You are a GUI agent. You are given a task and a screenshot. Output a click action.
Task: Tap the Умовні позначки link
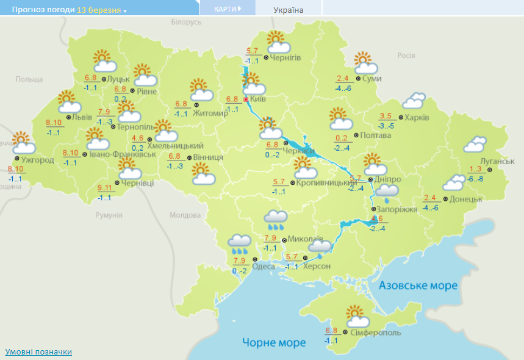click(x=38, y=352)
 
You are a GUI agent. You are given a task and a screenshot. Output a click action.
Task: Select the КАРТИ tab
click(x=227, y=9)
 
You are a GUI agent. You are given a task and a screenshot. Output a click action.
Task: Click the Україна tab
click(x=289, y=10)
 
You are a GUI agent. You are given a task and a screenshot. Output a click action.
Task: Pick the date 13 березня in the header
click(x=99, y=10)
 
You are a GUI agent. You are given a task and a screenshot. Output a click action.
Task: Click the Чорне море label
click(x=273, y=342)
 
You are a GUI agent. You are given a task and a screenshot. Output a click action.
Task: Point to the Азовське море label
click(x=418, y=286)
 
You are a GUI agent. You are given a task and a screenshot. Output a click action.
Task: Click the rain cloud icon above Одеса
click(x=239, y=244)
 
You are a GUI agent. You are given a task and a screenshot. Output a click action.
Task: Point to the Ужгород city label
click(x=37, y=160)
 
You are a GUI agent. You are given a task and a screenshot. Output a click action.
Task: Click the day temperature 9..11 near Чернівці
click(x=106, y=188)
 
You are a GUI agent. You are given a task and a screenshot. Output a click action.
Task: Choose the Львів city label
click(x=82, y=117)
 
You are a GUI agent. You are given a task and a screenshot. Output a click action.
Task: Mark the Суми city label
click(x=371, y=79)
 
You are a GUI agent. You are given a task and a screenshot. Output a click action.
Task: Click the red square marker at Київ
click(x=246, y=99)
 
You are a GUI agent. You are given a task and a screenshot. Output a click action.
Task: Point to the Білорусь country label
click(x=186, y=22)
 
